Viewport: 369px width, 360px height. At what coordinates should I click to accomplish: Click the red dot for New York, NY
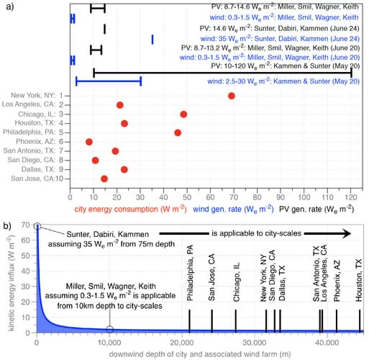point(232,96)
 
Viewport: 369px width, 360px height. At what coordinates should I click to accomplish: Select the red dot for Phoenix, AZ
point(89,142)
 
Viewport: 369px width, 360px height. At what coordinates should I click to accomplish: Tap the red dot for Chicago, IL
point(183,114)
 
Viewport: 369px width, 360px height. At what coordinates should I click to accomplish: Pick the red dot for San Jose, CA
point(104,179)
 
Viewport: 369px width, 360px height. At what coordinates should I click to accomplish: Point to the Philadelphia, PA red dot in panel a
point(178,132)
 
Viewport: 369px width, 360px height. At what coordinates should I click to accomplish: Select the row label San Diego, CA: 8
point(35,160)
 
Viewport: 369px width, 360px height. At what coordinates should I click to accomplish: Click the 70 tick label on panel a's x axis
point(234,197)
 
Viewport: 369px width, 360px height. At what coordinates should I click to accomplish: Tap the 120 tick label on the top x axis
point(351,197)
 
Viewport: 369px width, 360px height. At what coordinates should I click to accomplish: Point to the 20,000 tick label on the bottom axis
point(181,343)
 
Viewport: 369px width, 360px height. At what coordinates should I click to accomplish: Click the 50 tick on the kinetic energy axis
point(25,256)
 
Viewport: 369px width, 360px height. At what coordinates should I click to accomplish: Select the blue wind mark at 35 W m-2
point(152,40)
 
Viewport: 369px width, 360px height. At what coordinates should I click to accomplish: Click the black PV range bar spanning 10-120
point(222,73)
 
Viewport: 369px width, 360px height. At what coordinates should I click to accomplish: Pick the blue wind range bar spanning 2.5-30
point(109,81)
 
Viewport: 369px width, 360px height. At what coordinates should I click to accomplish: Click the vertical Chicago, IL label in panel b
point(237,282)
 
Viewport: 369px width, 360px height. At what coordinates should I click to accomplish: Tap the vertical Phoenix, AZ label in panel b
point(337,281)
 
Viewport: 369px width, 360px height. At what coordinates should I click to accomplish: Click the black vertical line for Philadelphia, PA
point(189,321)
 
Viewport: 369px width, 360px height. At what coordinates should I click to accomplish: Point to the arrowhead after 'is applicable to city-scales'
point(346,233)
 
